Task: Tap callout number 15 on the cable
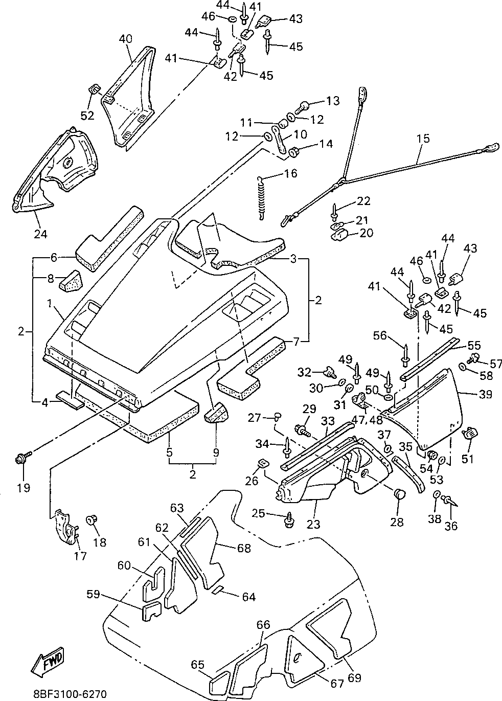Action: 423,139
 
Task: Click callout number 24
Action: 41,234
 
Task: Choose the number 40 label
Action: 126,39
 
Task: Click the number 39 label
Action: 486,394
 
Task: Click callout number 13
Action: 333,101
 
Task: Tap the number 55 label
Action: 474,345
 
